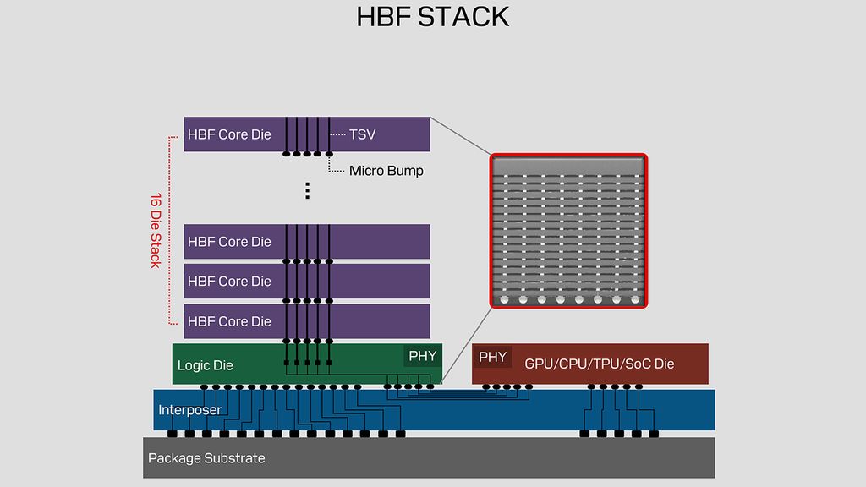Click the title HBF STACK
(433, 17)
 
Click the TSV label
(362, 134)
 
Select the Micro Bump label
(386, 171)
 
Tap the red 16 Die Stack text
(156, 230)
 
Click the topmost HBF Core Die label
(229, 134)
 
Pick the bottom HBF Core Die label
(229, 321)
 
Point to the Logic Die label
(205, 366)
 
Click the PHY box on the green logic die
(422, 356)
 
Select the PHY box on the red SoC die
(492, 357)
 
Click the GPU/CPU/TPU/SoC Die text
(600, 364)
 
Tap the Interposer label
(189, 410)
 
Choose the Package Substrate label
(206, 458)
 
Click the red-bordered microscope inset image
(569, 230)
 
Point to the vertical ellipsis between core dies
(307, 190)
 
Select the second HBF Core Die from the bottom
(229, 281)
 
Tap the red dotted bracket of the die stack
(170, 230)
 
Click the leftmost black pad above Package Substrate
(171, 434)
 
